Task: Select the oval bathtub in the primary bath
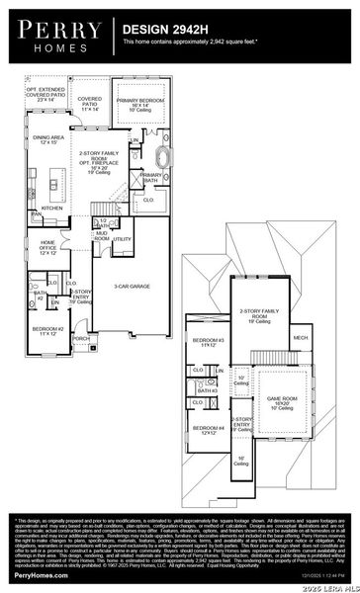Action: coord(161,156)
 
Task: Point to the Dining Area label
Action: coord(48,140)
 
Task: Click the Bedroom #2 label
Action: coord(46,330)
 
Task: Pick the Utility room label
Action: coord(123,239)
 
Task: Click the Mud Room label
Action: coord(102,236)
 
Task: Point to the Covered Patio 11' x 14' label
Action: coord(89,103)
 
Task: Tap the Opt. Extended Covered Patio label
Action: coord(45,95)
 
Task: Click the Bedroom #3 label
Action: coord(208,343)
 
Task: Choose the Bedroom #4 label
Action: coord(208,430)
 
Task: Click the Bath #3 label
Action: coord(207,391)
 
